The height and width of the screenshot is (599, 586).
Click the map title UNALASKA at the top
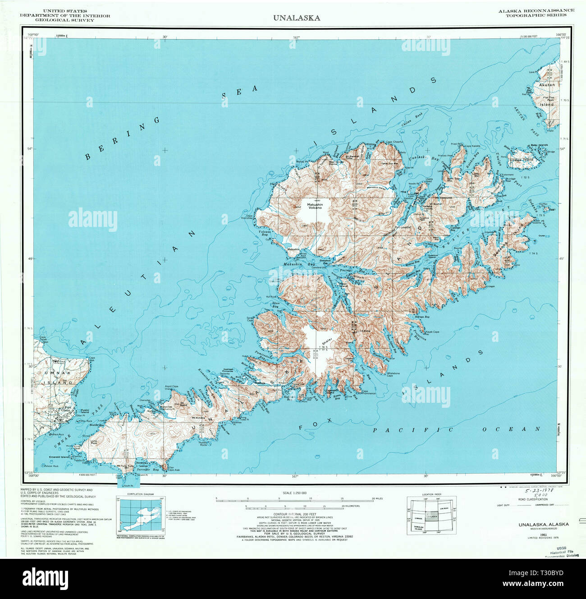click(296, 18)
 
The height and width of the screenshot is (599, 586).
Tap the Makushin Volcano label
click(315, 206)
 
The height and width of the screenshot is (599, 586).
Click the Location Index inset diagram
click(431, 516)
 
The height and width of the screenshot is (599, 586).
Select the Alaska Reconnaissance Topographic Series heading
click(536, 13)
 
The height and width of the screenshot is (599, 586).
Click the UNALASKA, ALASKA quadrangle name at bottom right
click(543, 525)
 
